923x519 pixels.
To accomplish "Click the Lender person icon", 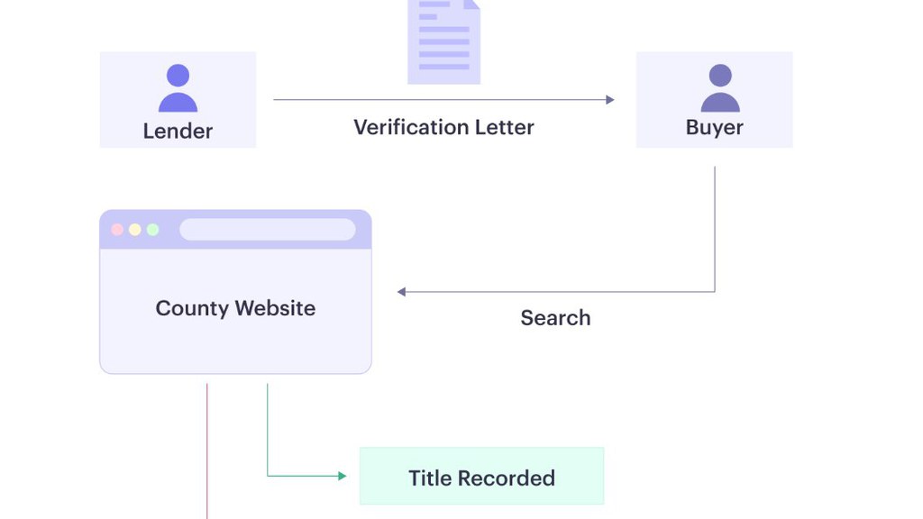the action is [178, 88].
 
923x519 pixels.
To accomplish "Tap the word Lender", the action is [178, 131].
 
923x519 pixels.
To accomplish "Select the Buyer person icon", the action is [720, 88].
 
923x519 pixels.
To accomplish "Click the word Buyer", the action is [715, 128].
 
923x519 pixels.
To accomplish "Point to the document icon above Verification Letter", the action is [443, 41].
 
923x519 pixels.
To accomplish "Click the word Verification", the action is [410, 127].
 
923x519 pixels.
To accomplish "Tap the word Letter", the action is [505, 127].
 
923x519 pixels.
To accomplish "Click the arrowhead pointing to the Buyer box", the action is [610, 100].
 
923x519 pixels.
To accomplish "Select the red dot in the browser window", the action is [117, 230].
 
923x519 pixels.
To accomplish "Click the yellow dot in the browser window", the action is [135, 230].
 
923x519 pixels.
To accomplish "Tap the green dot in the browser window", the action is [153, 230].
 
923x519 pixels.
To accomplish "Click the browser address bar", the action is [267, 230].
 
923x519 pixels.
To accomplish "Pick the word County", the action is [192, 308].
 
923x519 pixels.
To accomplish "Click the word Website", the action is [276, 308].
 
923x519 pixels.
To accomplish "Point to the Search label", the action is [555, 318].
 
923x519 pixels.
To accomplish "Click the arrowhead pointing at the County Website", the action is [401, 292].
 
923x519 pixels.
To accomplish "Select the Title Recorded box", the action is [481, 476].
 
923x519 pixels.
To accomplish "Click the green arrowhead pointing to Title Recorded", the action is [343, 476].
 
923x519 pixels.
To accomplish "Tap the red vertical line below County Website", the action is [207, 451].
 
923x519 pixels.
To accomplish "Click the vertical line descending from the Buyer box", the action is [715, 229].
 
